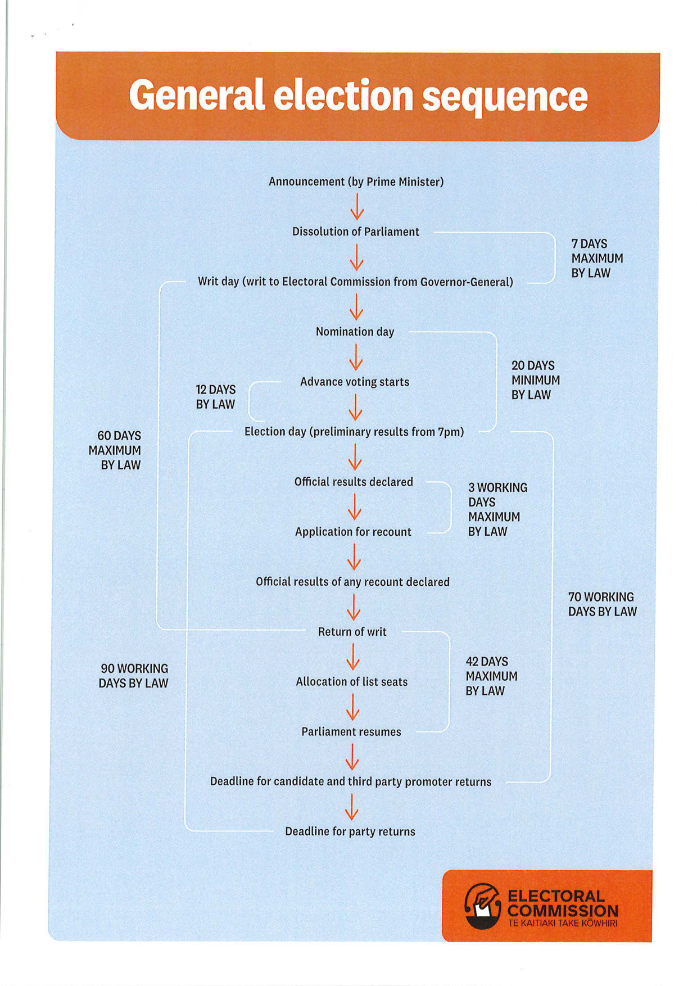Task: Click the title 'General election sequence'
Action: point(358,96)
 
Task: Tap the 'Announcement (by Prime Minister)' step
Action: point(356,182)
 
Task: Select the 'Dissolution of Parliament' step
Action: point(355,232)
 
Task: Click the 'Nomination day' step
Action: point(355,332)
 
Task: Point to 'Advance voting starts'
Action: point(354,382)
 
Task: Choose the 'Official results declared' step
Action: point(354,482)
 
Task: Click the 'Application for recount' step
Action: point(353,532)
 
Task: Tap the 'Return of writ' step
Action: point(352,632)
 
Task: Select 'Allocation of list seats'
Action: point(351,682)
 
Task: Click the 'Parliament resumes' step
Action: point(351,732)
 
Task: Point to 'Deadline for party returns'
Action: point(350,831)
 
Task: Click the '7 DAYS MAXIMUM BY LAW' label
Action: point(597,259)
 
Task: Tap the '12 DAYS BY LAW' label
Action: point(215,397)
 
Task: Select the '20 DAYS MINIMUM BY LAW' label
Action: point(535,380)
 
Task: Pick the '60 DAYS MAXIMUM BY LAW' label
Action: point(116,450)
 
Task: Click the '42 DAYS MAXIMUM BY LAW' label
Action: point(491,676)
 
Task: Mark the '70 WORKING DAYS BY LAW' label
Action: point(602,604)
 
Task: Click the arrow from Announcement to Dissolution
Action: point(357,207)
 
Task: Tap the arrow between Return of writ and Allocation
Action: point(352,657)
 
